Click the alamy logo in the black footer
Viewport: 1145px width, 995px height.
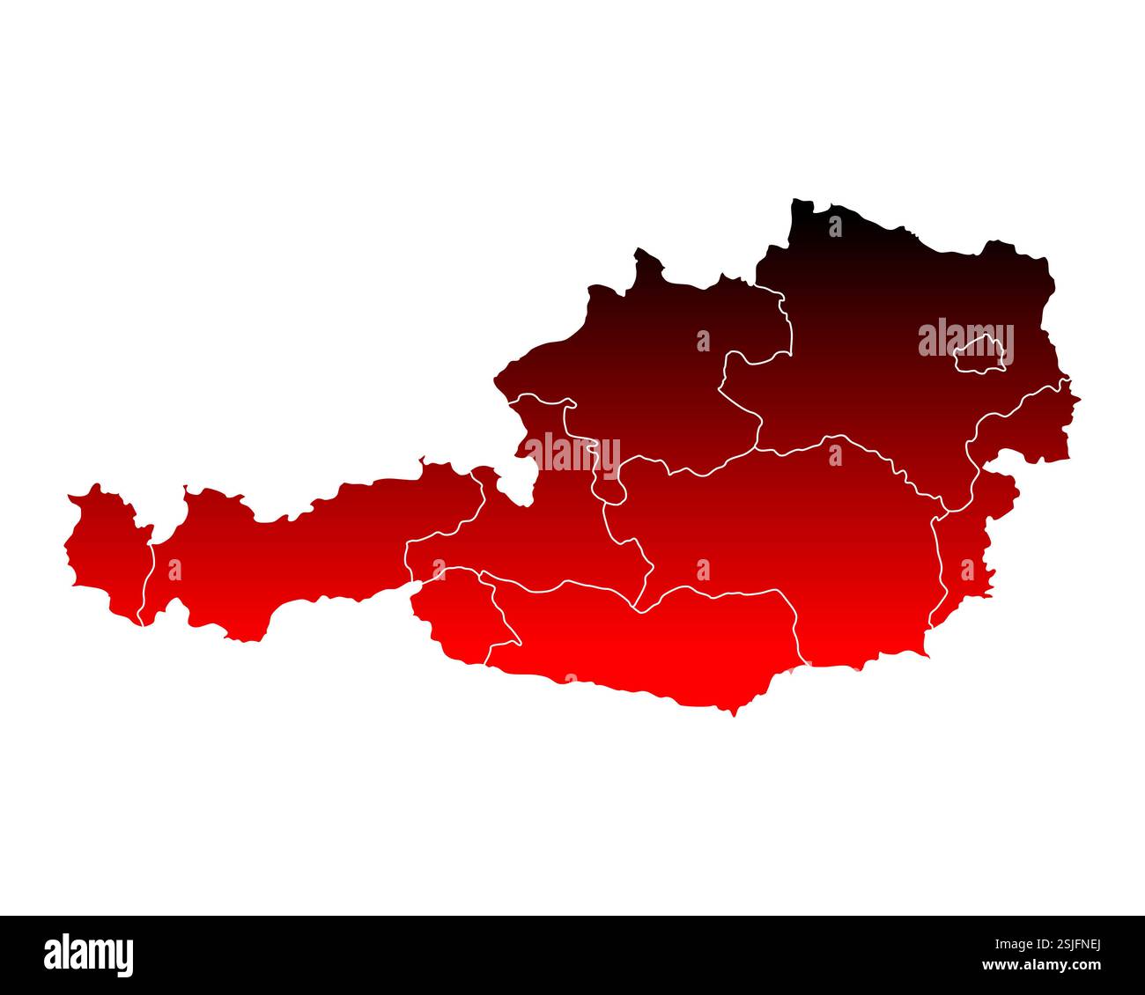pos(89,954)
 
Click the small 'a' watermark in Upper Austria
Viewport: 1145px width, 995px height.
pos(702,341)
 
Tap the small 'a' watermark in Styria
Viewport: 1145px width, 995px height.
pos(702,570)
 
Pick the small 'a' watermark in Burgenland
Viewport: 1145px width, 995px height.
pos(967,570)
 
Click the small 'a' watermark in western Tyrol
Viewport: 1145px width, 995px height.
pos(174,570)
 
